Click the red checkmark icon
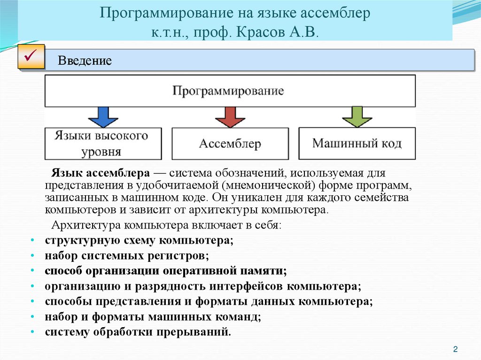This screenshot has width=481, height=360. (31, 57)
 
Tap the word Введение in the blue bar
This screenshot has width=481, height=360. (85, 61)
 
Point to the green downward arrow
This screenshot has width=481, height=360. (357, 117)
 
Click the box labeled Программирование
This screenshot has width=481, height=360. (229, 91)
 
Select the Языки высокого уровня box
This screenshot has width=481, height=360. (101, 144)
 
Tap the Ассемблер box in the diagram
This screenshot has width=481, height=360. (230, 144)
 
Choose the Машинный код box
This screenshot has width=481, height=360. (357, 143)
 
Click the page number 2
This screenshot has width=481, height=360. (455, 349)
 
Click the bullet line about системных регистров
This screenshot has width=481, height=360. (127, 256)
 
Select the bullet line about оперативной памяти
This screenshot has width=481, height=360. (165, 271)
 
